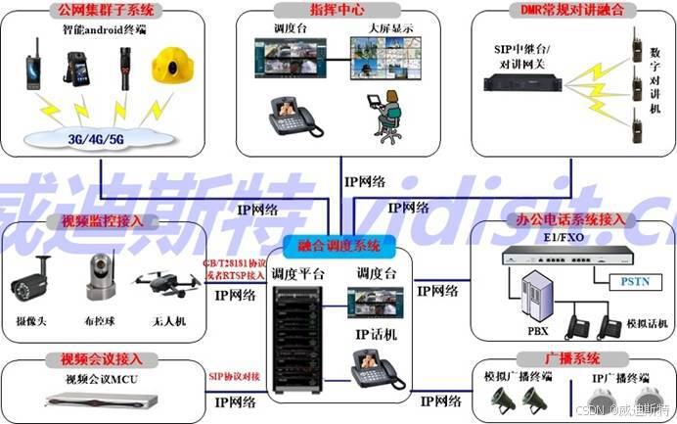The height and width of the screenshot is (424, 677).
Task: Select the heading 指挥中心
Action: pyautogui.click(x=338, y=9)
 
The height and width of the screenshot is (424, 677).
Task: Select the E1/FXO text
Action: pyautogui.click(x=559, y=237)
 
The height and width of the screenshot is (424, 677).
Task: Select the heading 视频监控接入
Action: pyautogui.click(x=102, y=221)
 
